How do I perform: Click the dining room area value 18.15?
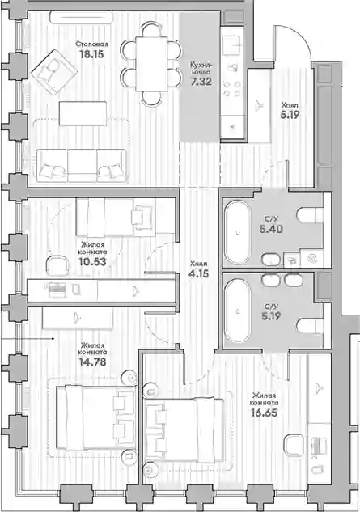tap(91, 54)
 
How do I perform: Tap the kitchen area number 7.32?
tap(201, 82)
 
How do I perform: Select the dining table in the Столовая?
tap(151, 64)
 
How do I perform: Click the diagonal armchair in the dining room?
tap(54, 73)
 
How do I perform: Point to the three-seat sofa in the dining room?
tap(81, 166)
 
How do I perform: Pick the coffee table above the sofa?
tap(83, 113)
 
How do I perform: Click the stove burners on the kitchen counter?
tap(231, 89)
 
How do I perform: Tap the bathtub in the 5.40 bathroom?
tap(238, 232)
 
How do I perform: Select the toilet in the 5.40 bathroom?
tap(310, 215)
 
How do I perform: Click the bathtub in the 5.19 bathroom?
tap(238, 311)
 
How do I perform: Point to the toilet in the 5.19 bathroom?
tap(310, 326)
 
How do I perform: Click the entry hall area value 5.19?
tap(290, 114)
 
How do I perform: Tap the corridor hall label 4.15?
tap(198, 273)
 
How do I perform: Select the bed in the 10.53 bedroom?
tap(115, 218)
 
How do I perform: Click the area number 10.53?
tap(92, 261)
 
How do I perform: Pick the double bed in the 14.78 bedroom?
tap(95, 419)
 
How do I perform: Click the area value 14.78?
tap(92, 362)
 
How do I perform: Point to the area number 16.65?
tap(264, 413)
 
